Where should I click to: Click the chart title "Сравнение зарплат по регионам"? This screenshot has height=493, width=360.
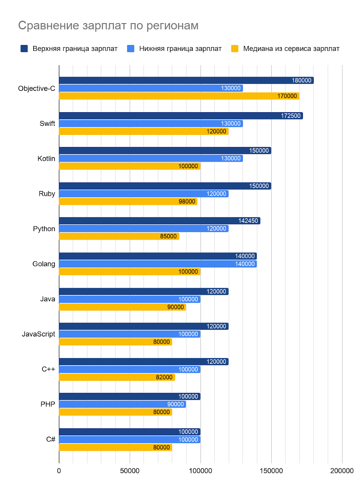point(108,26)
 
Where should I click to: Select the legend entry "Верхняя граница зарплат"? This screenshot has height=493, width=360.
point(75,49)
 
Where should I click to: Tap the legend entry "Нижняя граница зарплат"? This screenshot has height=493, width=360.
point(180,49)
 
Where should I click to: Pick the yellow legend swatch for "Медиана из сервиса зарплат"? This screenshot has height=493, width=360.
point(235,49)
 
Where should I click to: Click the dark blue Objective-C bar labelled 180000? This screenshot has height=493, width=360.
point(186,80)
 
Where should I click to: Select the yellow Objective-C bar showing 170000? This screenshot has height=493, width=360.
point(179,96)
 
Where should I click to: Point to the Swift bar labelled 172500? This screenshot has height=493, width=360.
point(181,116)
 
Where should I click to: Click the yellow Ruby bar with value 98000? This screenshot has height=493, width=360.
point(128,202)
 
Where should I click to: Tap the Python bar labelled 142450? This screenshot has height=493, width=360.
point(159,221)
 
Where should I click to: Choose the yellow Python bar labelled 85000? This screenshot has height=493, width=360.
point(119,236)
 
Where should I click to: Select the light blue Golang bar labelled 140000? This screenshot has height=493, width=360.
point(157,264)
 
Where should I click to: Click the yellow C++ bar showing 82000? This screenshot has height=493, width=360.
point(117,377)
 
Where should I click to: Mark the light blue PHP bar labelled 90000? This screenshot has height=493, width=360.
point(122,404)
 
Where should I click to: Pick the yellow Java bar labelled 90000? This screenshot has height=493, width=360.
point(122,307)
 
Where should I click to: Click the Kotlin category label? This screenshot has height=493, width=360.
point(46,159)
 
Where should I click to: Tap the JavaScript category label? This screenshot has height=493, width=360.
point(39,334)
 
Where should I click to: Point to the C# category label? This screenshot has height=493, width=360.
point(51,439)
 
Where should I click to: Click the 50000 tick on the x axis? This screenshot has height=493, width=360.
point(130,471)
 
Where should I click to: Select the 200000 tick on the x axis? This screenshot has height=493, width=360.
point(342,471)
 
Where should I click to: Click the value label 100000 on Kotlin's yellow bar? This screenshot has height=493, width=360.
point(188,166)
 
